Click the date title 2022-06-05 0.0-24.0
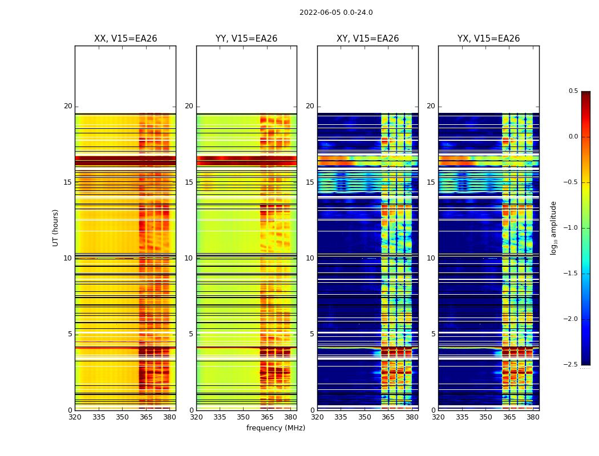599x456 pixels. pyautogui.click(x=336, y=13)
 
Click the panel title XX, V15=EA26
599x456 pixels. pyautogui.click(x=126, y=39)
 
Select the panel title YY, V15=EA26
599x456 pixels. pyautogui.click(x=246, y=39)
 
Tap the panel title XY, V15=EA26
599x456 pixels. pyautogui.click(x=367, y=39)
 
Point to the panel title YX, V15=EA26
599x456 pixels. pyautogui.click(x=488, y=39)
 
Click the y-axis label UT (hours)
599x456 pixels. pyautogui.click(x=56, y=227)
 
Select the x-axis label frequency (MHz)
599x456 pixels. pyautogui.click(x=276, y=428)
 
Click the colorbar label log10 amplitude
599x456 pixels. pyautogui.click(x=553, y=227)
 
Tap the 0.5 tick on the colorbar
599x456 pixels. pyautogui.click(x=573, y=91)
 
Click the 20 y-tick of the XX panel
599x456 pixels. pyautogui.click(x=68, y=106)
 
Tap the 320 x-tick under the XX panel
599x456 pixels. pyautogui.click(x=75, y=417)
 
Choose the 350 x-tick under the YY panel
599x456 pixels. pyautogui.click(x=243, y=417)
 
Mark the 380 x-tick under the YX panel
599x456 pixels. pyautogui.click(x=533, y=417)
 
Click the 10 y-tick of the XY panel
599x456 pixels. pyautogui.click(x=310, y=258)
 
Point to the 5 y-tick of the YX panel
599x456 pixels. pyautogui.click(x=433, y=334)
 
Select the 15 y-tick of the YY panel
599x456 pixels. pyautogui.click(x=189, y=182)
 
